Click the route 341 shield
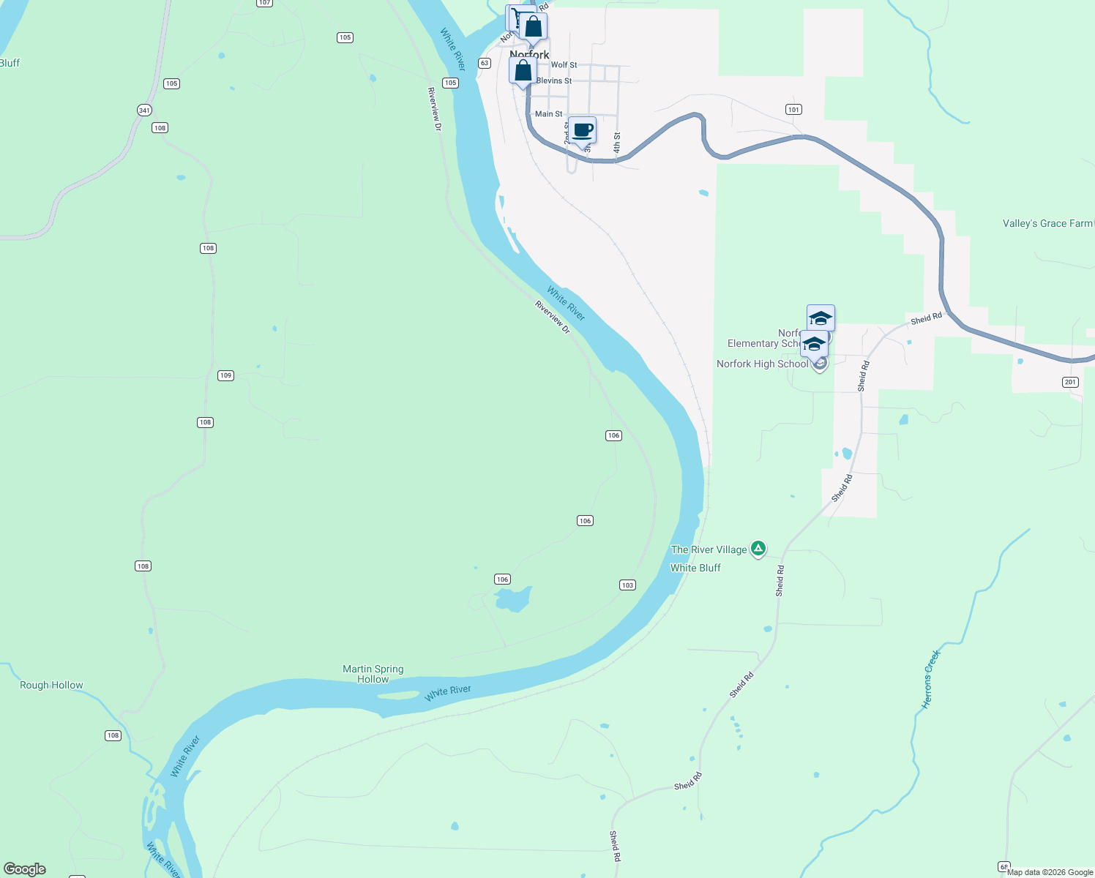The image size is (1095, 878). [x=144, y=110]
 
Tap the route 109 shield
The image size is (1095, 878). [x=225, y=375]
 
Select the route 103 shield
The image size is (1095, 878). [x=627, y=585]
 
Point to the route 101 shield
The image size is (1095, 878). [x=793, y=110]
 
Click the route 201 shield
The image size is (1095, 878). [x=1070, y=383]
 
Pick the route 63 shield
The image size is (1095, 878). [x=485, y=64]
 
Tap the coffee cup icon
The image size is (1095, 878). [x=583, y=131]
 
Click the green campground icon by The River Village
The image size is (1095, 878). [x=758, y=548]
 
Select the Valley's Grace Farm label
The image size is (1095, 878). [x=1047, y=224]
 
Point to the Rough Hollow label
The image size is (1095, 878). [x=51, y=686]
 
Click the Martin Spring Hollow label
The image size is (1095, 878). [x=373, y=674]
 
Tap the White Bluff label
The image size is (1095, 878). [x=695, y=568]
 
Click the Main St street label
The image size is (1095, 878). [x=548, y=114]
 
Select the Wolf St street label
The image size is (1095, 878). [x=564, y=65]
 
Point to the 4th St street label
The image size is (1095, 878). [x=617, y=143]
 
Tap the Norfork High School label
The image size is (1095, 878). [x=762, y=364]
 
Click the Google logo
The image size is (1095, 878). [x=25, y=869]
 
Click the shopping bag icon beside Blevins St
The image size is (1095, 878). [x=523, y=71]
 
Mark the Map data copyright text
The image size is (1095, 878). [x=1050, y=872]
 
